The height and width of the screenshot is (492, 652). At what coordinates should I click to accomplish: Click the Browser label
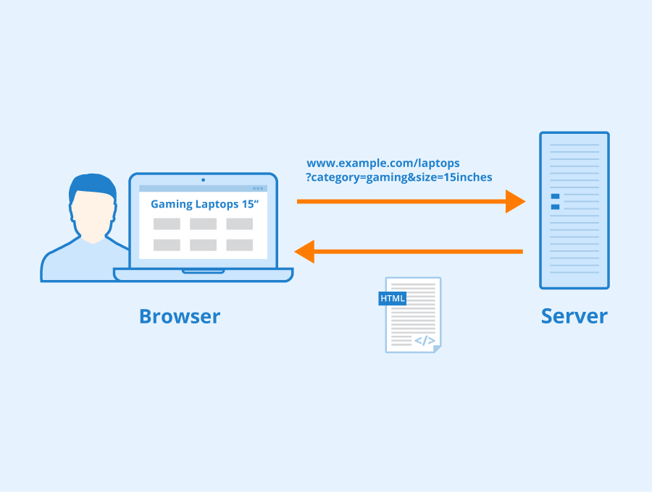pos(179,316)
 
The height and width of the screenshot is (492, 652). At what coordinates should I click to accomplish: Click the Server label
pos(574,316)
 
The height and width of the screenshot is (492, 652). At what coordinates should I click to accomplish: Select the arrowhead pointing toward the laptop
pos(304,252)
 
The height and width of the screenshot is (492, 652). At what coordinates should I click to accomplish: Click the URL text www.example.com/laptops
pos(383,164)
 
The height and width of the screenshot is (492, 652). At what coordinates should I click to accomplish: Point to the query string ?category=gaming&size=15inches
pos(399,177)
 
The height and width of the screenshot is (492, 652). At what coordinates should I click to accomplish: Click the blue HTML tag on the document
pos(393,298)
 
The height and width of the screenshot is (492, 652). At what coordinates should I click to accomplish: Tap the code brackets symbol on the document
pos(425,340)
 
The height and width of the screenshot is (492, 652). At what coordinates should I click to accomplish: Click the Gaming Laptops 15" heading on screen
pos(204,204)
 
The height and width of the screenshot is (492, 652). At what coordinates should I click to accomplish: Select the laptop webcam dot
pos(203,179)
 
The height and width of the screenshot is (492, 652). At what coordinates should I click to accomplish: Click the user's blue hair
pos(92,186)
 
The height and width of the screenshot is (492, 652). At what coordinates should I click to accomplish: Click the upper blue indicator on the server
pos(555,196)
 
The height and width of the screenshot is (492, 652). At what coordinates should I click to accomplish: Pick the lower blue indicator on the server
pos(555,207)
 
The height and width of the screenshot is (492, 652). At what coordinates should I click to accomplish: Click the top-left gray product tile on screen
pos(167,224)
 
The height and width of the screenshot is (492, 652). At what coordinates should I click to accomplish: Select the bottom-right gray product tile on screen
pos(239,245)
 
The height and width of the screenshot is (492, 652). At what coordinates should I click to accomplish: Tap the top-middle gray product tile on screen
pos(203,224)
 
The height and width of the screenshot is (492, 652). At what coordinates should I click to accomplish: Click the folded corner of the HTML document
pos(437,348)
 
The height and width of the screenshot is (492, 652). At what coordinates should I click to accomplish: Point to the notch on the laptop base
pos(203,271)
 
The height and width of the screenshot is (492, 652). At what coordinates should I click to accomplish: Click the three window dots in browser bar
pos(259,188)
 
